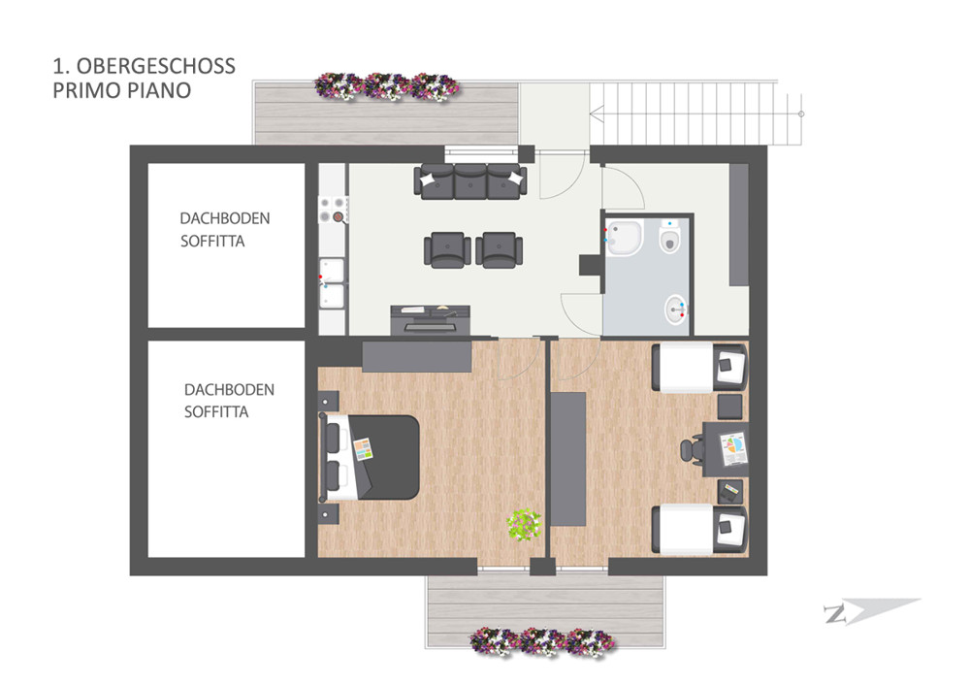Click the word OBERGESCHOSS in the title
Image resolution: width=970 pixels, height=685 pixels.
156,66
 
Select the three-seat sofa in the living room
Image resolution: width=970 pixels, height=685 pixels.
470,181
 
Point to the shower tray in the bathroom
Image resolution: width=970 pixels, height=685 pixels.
624,238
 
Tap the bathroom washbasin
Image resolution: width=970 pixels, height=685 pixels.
675,310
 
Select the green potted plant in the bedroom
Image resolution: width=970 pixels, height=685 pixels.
525,525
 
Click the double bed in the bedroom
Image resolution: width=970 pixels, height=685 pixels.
370,457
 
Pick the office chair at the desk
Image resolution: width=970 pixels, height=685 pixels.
693,449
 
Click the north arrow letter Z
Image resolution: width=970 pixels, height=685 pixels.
836,614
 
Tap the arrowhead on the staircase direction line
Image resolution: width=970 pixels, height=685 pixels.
597,114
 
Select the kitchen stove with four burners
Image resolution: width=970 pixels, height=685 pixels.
333,210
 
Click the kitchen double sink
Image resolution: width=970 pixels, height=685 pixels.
332,283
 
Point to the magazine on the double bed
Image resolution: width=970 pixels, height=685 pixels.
363,448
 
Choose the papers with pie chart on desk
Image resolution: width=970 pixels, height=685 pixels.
733,448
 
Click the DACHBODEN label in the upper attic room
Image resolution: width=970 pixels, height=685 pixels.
225,218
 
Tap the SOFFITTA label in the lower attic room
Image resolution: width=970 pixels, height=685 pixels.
216,412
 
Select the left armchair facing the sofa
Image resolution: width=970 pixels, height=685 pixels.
444,250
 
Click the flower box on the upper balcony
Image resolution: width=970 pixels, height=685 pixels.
387,86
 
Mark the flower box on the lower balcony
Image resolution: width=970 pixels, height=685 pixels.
542,641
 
